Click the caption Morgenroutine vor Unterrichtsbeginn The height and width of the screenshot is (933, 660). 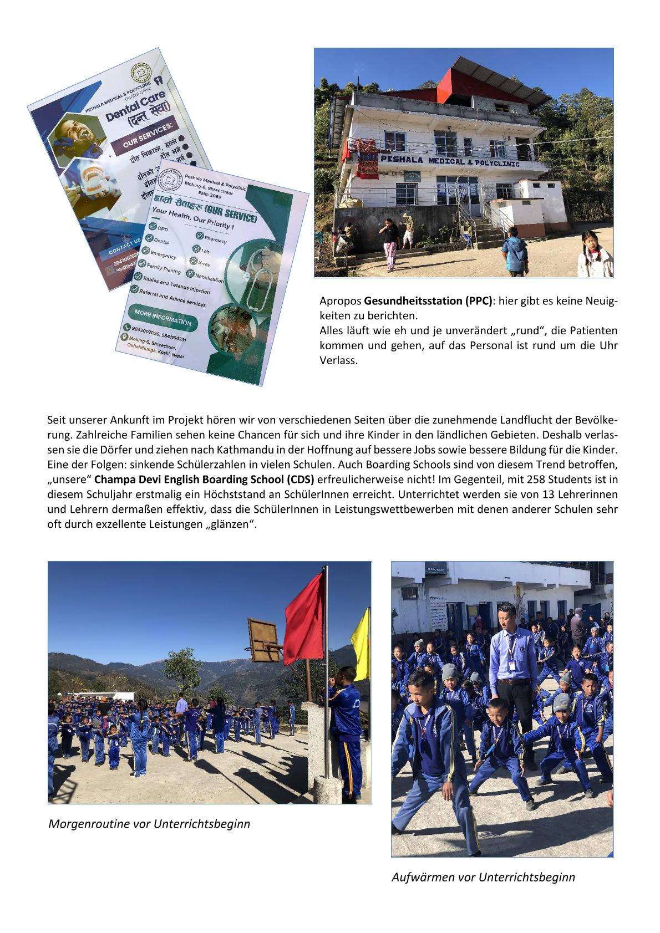pyautogui.click(x=149, y=824)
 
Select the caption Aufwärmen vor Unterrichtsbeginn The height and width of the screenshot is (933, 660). pyautogui.click(x=483, y=877)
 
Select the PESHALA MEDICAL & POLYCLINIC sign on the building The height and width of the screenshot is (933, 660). pyautogui.click(x=449, y=161)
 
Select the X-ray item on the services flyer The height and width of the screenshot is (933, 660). pyautogui.click(x=204, y=264)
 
